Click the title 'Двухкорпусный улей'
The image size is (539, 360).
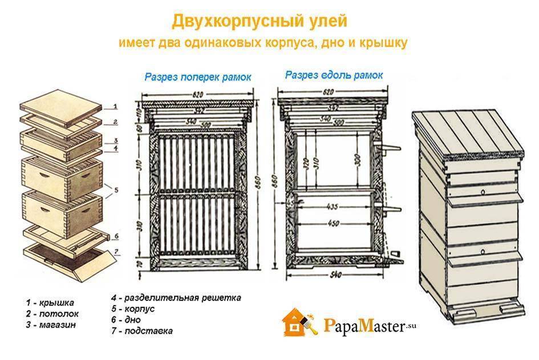259,22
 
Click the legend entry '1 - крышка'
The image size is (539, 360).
50,302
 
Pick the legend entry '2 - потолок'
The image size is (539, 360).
52,314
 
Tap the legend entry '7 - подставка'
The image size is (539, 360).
142,330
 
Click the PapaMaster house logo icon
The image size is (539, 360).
298,323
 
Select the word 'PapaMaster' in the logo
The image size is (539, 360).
363,326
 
